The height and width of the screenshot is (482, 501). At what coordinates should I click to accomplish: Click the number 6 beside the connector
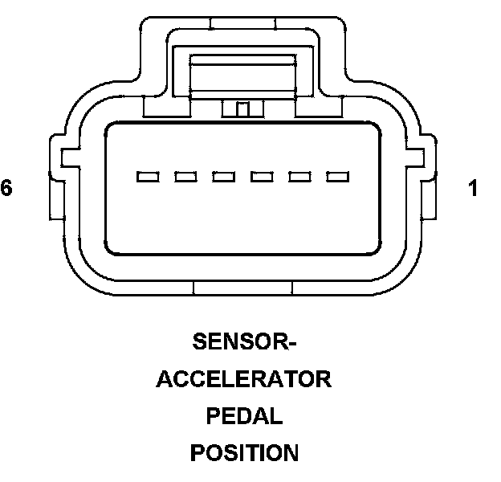7,189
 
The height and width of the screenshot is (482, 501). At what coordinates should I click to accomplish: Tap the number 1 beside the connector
473,189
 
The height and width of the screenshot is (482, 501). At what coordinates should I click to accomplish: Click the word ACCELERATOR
244,379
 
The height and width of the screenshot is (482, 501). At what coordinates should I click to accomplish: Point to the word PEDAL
244,416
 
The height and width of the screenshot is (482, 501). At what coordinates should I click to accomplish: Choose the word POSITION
244,453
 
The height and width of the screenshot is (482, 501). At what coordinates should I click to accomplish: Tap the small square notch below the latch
243,109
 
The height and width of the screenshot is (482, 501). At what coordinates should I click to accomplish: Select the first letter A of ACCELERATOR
166,379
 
